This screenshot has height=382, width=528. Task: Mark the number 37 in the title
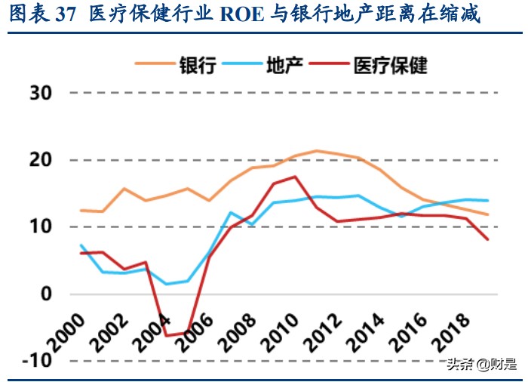(66, 15)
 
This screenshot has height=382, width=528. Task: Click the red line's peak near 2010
(295, 177)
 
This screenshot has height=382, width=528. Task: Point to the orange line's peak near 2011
(317, 151)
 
